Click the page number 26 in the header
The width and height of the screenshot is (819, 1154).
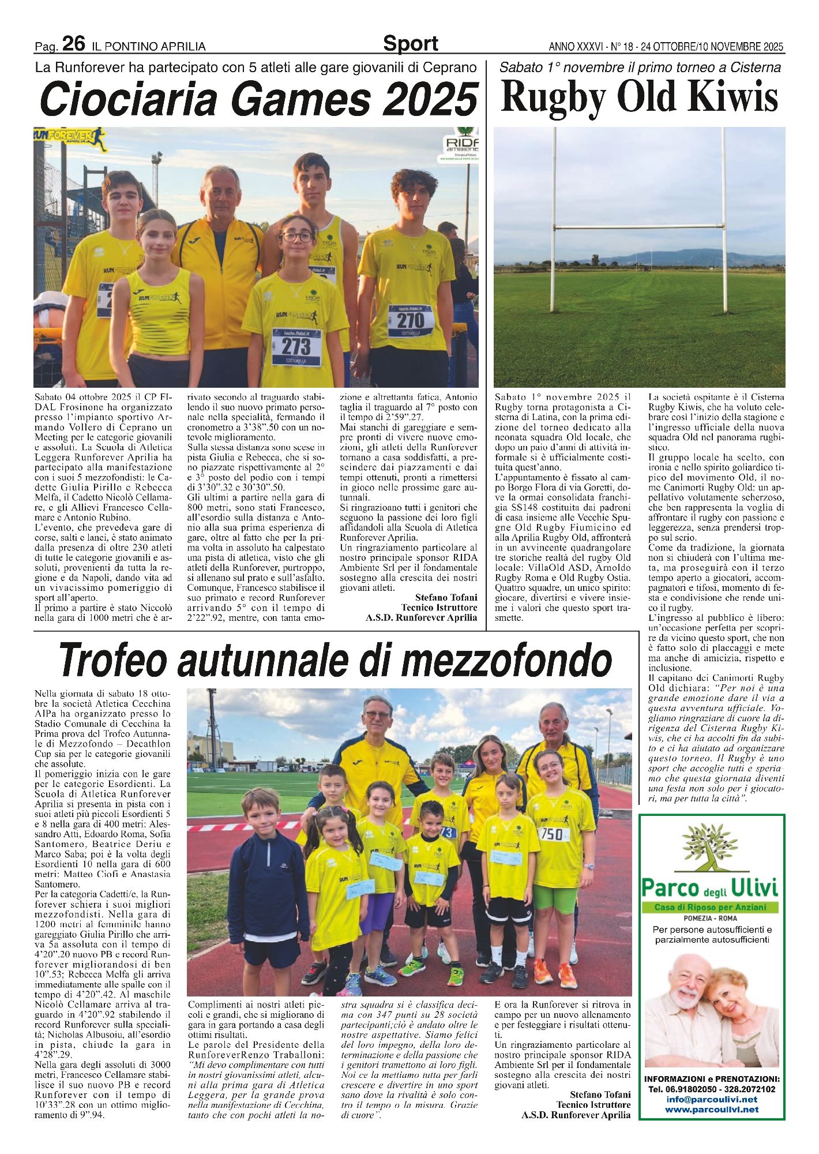coord(73,43)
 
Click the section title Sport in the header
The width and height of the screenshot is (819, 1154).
coord(410,43)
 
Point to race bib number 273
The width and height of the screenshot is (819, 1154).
coord(295,346)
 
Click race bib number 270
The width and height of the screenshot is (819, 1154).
coord(410,320)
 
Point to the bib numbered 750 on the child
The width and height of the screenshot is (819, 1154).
coord(552,834)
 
